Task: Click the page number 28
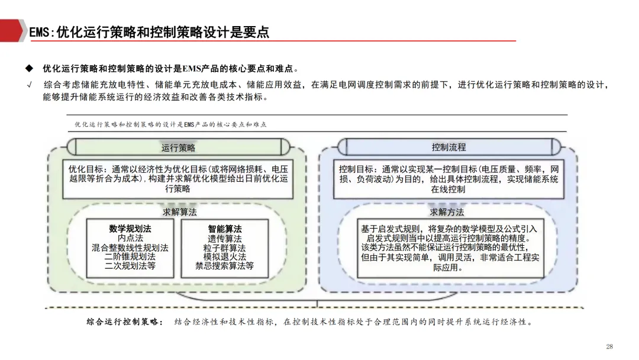[x=609, y=346]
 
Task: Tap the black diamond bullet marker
[x=28, y=68]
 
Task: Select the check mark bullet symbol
[x=28, y=85]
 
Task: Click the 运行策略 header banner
[x=178, y=147]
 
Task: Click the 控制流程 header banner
[x=448, y=147]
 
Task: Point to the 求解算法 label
[x=180, y=211]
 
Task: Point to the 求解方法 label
[x=447, y=212]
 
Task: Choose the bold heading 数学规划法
[x=130, y=229]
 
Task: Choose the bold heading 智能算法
[x=225, y=229]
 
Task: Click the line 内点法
[x=130, y=238]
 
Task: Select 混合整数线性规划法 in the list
[x=130, y=247]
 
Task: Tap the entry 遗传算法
[x=225, y=238]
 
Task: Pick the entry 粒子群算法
[x=225, y=247]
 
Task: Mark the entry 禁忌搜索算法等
[x=225, y=266]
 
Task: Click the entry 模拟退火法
[x=225, y=257]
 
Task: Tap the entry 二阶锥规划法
[x=130, y=257]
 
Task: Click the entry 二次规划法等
[x=130, y=266]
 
